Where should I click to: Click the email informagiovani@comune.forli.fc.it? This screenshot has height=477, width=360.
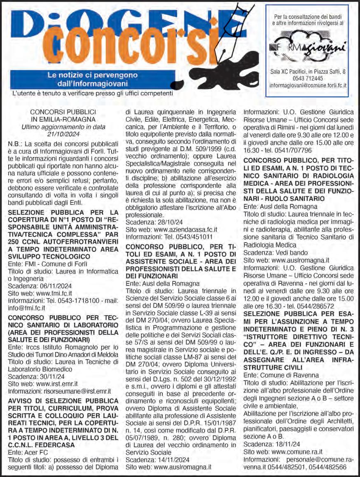(x=308, y=86)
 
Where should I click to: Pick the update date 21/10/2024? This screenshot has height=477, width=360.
(x=63, y=134)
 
